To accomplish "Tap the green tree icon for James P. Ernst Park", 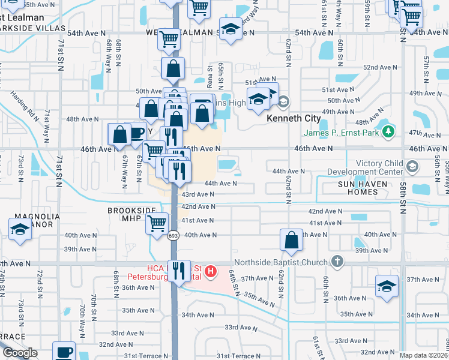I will point(389,130).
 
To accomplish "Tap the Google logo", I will point(20,353).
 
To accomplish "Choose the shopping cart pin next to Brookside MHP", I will point(157,223).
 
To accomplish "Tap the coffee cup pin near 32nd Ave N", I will point(64,351).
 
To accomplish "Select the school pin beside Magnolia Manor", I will point(20,229).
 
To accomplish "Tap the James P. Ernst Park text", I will point(341,133).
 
